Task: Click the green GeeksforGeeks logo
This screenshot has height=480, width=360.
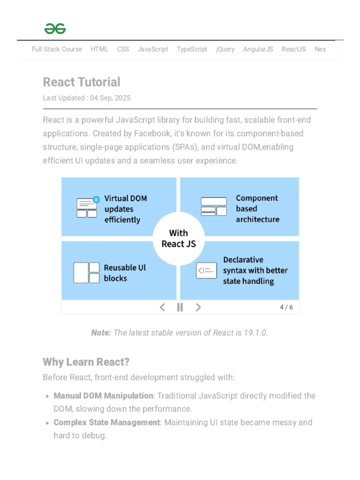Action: (55, 29)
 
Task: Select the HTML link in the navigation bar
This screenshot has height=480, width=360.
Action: (99, 49)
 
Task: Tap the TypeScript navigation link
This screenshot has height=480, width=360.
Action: (192, 49)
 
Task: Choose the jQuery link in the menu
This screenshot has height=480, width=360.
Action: (225, 49)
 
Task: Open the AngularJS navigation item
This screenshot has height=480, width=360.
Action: (258, 49)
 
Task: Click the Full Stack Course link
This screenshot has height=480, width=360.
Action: (57, 49)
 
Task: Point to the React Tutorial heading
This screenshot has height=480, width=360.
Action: (82, 82)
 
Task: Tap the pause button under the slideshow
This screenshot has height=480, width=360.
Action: (180, 307)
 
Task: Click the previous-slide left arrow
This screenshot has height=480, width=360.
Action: (162, 307)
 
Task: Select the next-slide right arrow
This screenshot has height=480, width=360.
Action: (198, 307)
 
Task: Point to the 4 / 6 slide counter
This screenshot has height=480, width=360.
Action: (286, 307)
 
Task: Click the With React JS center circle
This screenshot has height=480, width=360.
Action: (179, 239)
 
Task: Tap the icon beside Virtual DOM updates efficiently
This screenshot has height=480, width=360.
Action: (88, 207)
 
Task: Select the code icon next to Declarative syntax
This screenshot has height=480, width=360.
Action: (206, 270)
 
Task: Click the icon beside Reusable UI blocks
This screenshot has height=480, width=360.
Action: (87, 272)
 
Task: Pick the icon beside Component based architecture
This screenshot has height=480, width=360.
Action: (214, 207)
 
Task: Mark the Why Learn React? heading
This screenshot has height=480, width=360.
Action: (86, 362)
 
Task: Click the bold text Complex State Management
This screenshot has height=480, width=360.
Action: (106, 422)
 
